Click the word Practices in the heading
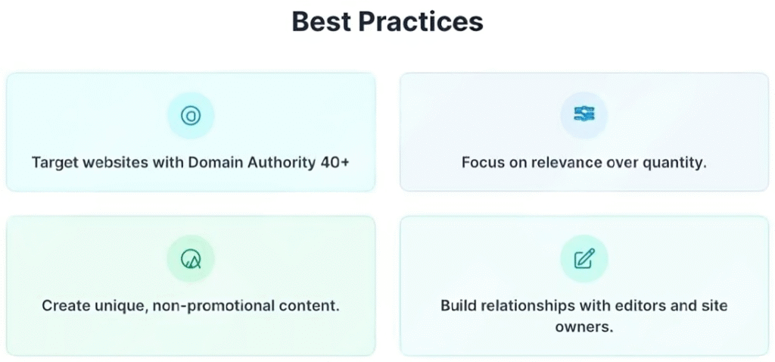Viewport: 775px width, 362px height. click(x=419, y=21)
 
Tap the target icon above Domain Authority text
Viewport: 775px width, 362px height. click(x=191, y=116)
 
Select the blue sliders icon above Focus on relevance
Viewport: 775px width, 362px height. click(x=584, y=114)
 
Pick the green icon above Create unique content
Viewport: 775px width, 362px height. click(x=191, y=259)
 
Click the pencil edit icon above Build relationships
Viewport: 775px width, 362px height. click(x=584, y=259)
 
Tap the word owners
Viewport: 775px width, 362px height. click(x=584, y=327)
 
